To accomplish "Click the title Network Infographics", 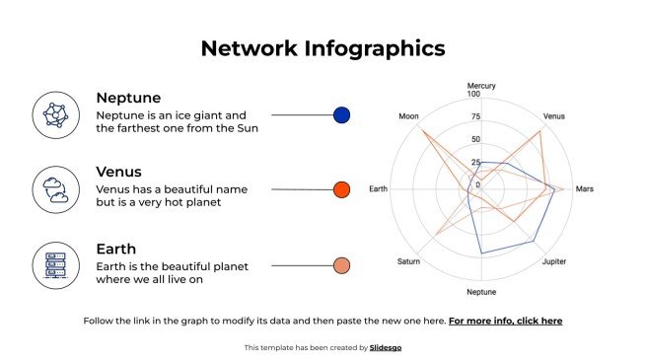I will (x=323, y=48).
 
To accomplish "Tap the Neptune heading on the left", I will (x=128, y=98).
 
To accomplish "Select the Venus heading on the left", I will (x=118, y=172).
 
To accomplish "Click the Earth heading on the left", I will (x=115, y=249).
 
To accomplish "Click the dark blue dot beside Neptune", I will (x=342, y=115).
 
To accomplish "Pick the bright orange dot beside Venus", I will (x=342, y=189).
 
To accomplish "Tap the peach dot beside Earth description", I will (x=342, y=265).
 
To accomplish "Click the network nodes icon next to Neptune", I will (x=56, y=114).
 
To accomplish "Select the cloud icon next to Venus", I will (x=56, y=189).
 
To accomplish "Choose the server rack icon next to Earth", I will (x=56, y=264).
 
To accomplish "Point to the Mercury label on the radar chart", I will (x=481, y=86).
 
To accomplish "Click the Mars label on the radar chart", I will (x=585, y=188).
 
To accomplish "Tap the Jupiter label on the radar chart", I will (x=555, y=261).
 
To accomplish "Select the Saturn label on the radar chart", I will (x=408, y=261).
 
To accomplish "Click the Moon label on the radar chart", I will (x=408, y=116).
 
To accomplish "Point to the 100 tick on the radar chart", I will (x=473, y=95).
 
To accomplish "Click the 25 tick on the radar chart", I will (x=476, y=163).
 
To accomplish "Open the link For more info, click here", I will (x=505, y=321).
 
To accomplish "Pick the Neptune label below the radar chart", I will (x=481, y=292).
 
